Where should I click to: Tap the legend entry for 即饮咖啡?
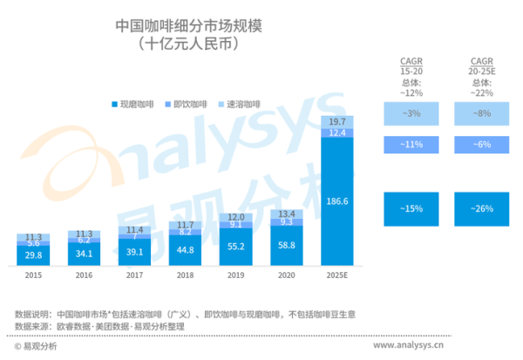tap(189, 105)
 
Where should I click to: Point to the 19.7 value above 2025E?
tap(336, 120)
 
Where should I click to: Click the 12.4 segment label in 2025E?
tap(336, 132)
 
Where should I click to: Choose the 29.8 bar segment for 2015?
tap(34, 255)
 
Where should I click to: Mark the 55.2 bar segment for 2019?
tap(236, 248)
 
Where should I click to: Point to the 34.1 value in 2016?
tap(85, 255)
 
